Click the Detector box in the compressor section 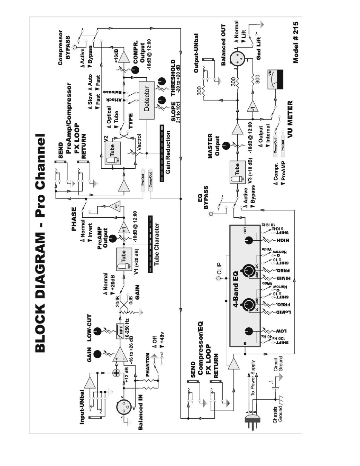[x=147, y=100]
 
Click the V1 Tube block [x=123, y=260]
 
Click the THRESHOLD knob [x=162, y=81]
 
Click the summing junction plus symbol [x=117, y=373]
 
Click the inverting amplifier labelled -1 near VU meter [x=252, y=107]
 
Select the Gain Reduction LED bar [x=162, y=153]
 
